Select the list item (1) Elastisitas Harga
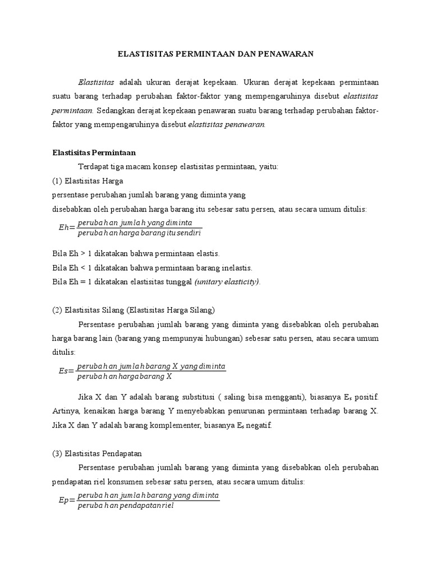[x=88, y=181]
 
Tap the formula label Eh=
[x=67, y=228]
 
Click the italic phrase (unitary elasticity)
[x=227, y=282]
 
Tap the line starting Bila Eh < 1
[x=152, y=267]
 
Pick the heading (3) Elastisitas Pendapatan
[x=100, y=453]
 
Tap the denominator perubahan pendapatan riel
[x=127, y=506]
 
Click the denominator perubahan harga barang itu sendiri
[x=139, y=233]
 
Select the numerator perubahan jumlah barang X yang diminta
[x=152, y=366]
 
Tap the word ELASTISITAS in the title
[x=144, y=54]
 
